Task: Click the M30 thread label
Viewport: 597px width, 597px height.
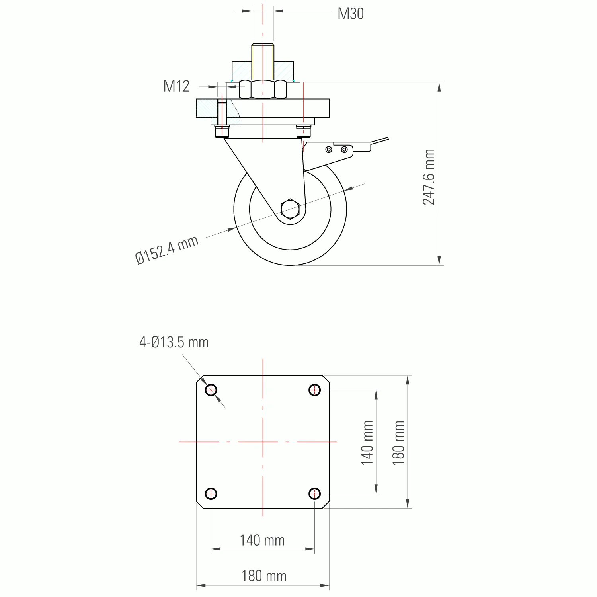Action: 350,14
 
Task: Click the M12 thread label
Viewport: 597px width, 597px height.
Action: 176,86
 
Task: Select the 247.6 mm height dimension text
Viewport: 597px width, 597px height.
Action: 429,177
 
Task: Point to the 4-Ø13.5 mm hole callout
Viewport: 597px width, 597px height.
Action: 174,342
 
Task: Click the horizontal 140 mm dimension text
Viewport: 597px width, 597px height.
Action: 262,540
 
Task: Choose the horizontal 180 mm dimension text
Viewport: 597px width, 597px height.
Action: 264,576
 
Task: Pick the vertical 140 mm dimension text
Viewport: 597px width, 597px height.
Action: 367,443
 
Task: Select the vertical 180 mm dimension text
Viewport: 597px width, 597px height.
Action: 398,443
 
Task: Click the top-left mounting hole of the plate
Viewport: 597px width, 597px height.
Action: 211,390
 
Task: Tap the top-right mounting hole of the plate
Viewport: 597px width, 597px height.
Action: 315,390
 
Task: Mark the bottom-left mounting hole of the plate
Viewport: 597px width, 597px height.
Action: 211,494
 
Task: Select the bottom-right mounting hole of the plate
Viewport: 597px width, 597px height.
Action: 315,494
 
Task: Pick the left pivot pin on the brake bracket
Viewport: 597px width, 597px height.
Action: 329,150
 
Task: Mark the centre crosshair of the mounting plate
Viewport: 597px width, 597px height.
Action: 263,442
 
